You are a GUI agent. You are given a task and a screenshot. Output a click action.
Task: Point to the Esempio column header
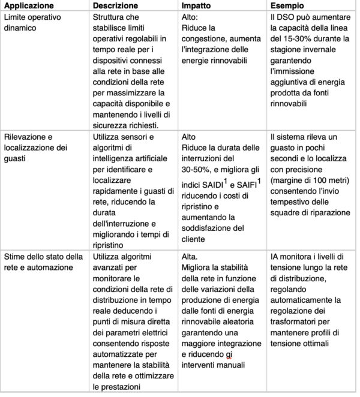click(287, 6)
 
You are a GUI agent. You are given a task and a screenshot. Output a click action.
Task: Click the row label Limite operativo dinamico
click(33, 22)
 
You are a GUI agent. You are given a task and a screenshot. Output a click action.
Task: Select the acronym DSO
click(285, 17)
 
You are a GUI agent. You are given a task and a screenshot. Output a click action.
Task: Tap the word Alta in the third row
click(190, 257)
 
